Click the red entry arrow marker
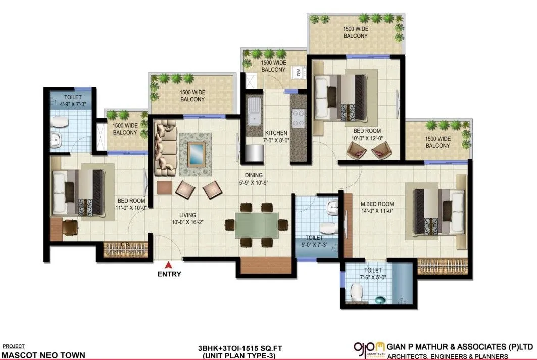pyautogui.click(x=169, y=263)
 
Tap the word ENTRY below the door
pyautogui.click(x=169, y=274)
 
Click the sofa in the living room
pyautogui.click(x=164, y=149)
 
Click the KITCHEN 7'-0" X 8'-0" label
pyautogui.click(x=276, y=137)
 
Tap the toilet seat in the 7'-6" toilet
pyautogui.click(x=357, y=292)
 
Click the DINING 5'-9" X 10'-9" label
pyautogui.click(x=253, y=178)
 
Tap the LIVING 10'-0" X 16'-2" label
pyautogui.click(x=184, y=218)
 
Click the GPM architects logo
pyautogui.click(x=369, y=349)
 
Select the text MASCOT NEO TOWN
pyautogui.click(x=43, y=355)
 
